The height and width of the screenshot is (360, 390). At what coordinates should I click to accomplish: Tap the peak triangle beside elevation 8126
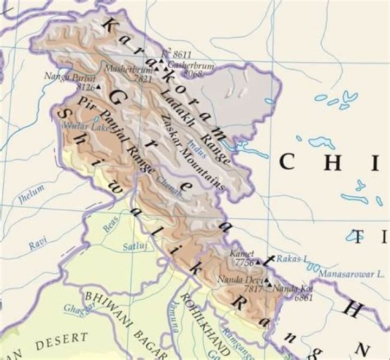click(x=99, y=86)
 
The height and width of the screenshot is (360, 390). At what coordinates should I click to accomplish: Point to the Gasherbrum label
click(x=194, y=65)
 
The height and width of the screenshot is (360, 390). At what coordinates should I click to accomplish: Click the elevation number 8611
click(x=182, y=54)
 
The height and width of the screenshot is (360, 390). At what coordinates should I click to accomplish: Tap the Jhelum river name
click(x=30, y=197)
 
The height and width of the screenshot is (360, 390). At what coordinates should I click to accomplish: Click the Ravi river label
click(x=38, y=245)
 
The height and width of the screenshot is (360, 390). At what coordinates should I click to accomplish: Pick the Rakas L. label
click(x=292, y=259)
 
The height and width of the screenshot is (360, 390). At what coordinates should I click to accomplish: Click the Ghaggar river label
click(x=76, y=309)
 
